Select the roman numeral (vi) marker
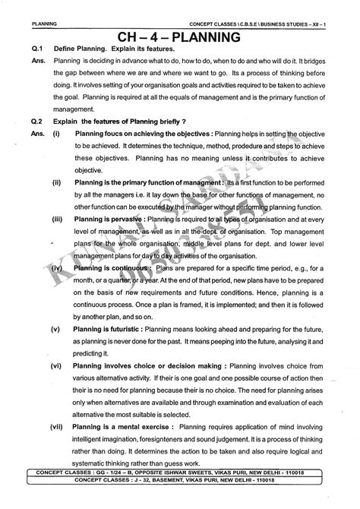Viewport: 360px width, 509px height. [57, 365]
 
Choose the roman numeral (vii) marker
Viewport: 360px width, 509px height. [58, 428]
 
